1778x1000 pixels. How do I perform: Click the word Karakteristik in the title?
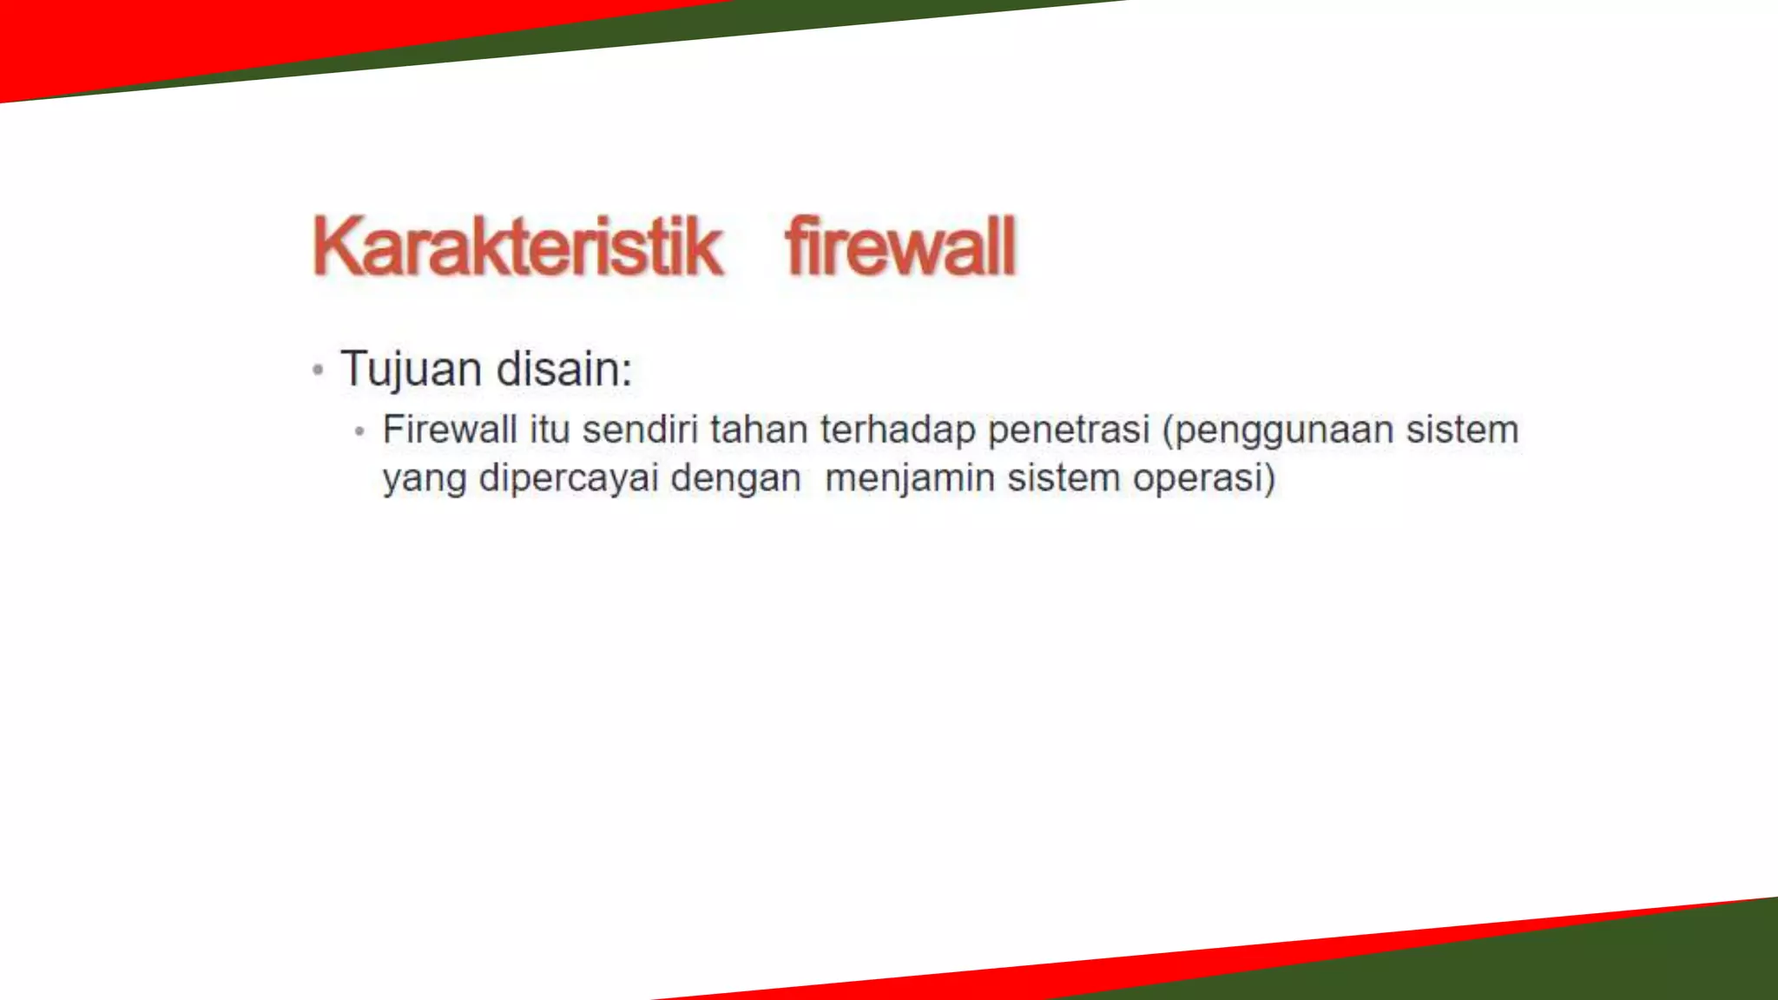coord(517,247)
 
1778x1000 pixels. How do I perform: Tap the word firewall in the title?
coord(900,247)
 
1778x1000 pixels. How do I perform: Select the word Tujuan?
coord(411,369)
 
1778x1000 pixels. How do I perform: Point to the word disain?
coord(564,369)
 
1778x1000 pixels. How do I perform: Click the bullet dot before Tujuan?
coord(318,371)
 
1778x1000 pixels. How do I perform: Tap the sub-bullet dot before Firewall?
coord(359,431)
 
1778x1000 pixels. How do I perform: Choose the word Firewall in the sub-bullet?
coord(450,430)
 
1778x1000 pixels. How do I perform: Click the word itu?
coord(550,430)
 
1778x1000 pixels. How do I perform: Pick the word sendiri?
coord(640,430)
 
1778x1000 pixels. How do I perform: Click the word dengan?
coord(735,479)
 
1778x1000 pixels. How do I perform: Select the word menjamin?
coord(910,479)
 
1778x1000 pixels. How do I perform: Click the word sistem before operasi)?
coord(1064,477)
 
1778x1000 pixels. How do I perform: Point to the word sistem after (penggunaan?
coord(1463,430)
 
